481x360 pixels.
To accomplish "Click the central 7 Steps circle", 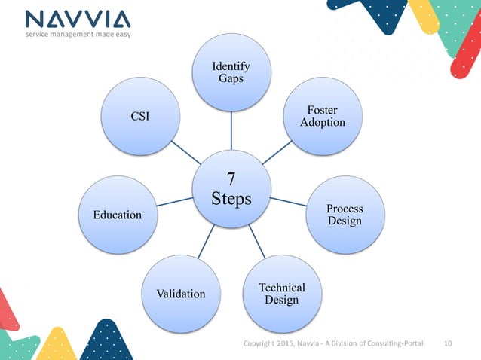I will pos(231,189).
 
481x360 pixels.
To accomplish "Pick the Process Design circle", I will pos(345,215).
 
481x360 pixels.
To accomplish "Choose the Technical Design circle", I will pos(282,294).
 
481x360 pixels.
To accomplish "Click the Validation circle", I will pos(180,294).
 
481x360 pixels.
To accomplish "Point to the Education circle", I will pos(117,215).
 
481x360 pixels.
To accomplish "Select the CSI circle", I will pos(140,116).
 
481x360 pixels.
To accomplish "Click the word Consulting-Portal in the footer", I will pos(392,344).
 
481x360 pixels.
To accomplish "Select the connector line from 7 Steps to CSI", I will pos(185,151).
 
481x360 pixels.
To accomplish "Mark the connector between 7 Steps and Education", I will pos(174,201).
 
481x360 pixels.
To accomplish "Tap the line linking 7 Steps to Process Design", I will pos(289,202).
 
